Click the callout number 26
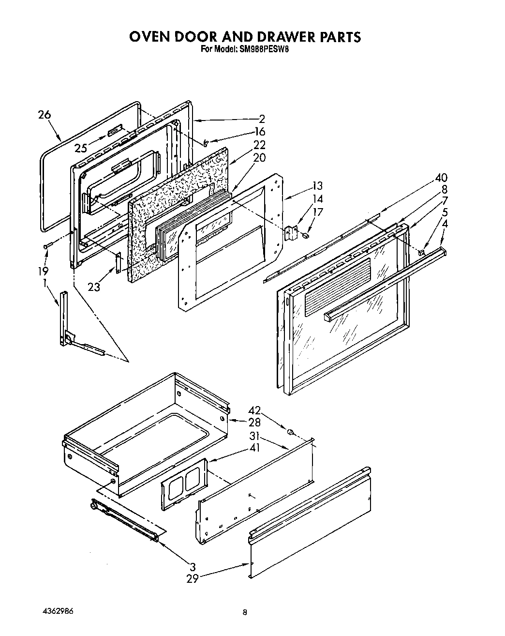(44, 115)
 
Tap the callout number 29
(193, 578)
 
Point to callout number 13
(317, 186)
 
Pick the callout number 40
(441, 177)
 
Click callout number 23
(94, 287)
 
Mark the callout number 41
(254, 448)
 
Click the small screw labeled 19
(46, 246)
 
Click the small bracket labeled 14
(291, 233)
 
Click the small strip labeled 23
(118, 263)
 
